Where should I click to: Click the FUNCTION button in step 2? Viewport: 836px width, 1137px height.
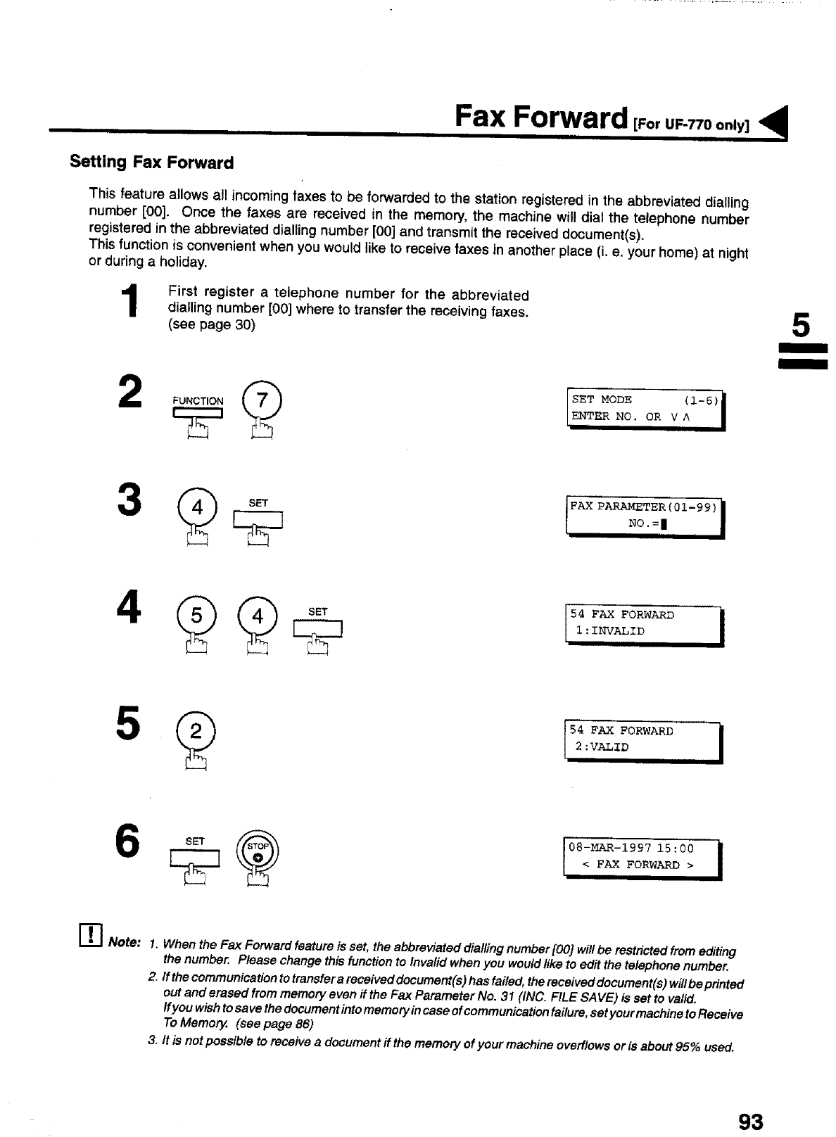198,412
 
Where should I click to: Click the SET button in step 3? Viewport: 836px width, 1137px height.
258,519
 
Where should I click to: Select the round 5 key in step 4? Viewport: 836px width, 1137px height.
196,616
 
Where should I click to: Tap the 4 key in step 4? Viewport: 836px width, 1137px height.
258,616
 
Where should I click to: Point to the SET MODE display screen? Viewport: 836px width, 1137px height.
645,409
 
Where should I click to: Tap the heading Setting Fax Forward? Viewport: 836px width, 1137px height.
151,163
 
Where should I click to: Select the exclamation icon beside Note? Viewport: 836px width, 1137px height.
91,936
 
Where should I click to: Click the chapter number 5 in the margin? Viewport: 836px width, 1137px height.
802,326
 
